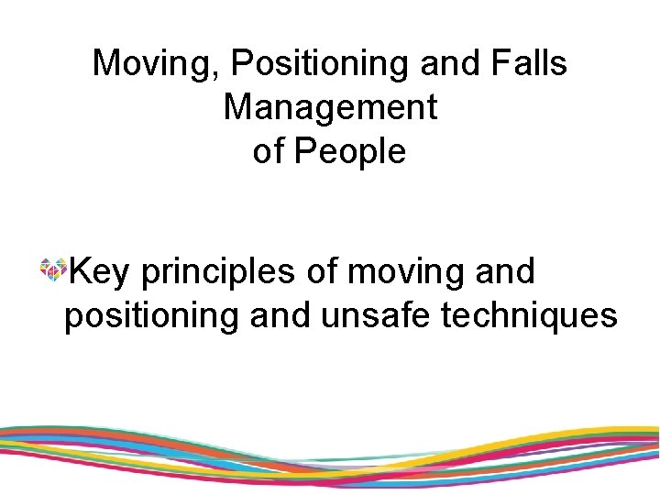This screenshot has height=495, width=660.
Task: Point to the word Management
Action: coord(330,107)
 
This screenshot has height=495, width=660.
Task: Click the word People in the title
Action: coord(349,151)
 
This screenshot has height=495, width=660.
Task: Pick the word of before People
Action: coord(268,151)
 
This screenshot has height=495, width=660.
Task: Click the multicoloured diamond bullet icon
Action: coord(52,269)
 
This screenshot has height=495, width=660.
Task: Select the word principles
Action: coord(218,271)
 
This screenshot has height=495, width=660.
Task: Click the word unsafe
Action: coord(377,315)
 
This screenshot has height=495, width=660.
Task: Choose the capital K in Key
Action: coord(80,271)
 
